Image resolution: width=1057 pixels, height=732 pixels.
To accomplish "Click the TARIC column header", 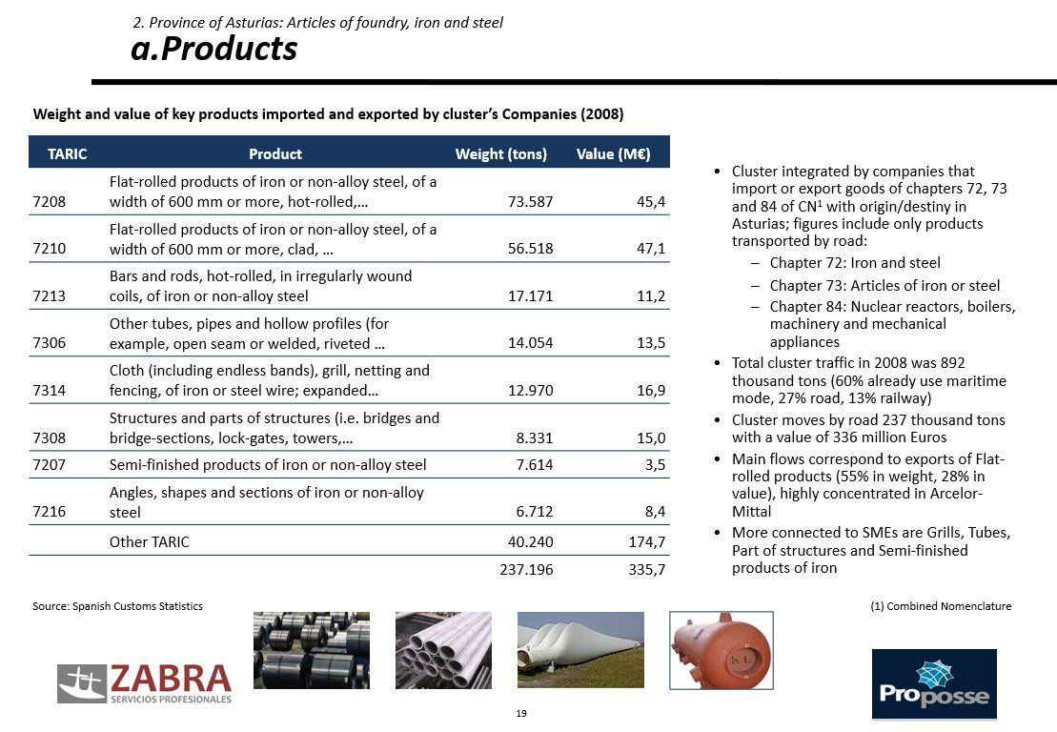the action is pyautogui.click(x=68, y=153).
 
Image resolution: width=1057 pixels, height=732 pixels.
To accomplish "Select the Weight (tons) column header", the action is pyautogui.click(x=501, y=153).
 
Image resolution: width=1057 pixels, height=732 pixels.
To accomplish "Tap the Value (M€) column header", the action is pyautogui.click(x=614, y=153).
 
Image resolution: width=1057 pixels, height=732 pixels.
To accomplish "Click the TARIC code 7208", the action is pyautogui.click(x=50, y=201).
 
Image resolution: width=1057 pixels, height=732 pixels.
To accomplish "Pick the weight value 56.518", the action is pyautogui.click(x=531, y=249).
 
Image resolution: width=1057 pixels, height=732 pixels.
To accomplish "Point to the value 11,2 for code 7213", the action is pyautogui.click(x=651, y=295).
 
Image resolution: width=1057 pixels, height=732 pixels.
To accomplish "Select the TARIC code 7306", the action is pyautogui.click(x=50, y=343).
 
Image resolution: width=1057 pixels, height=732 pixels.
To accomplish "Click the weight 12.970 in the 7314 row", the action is pyautogui.click(x=531, y=390).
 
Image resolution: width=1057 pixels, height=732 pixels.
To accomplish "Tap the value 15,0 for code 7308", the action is pyautogui.click(x=651, y=438).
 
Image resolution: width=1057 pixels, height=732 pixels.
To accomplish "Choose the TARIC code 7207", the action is pyautogui.click(x=50, y=465).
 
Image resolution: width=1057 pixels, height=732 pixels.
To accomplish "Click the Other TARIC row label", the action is pyautogui.click(x=149, y=542).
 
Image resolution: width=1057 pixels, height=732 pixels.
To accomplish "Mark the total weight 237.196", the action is pyautogui.click(x=526, y=570).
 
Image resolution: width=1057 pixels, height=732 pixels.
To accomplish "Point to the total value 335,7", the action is pyautogui.click(x=647, y=570).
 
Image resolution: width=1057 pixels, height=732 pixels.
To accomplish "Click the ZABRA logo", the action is pyautogui.click(x=144, y=683).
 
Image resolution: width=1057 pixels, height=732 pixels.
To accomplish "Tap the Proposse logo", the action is pyautogui.click(x=934, y=684).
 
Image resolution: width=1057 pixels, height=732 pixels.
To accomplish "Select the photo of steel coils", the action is pyautogui.click(x=312, y=650).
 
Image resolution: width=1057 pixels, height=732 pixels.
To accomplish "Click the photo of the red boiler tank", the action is pyautogui.click(x=722, y=650).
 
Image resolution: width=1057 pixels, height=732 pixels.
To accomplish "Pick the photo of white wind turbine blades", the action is pyautogui.click(x=580, y=650).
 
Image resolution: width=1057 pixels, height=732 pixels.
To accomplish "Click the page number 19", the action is pyautogui.click(x=521, y=713).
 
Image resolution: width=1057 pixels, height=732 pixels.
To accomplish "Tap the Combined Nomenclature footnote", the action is pyautogui.click(x=941, y=606).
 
